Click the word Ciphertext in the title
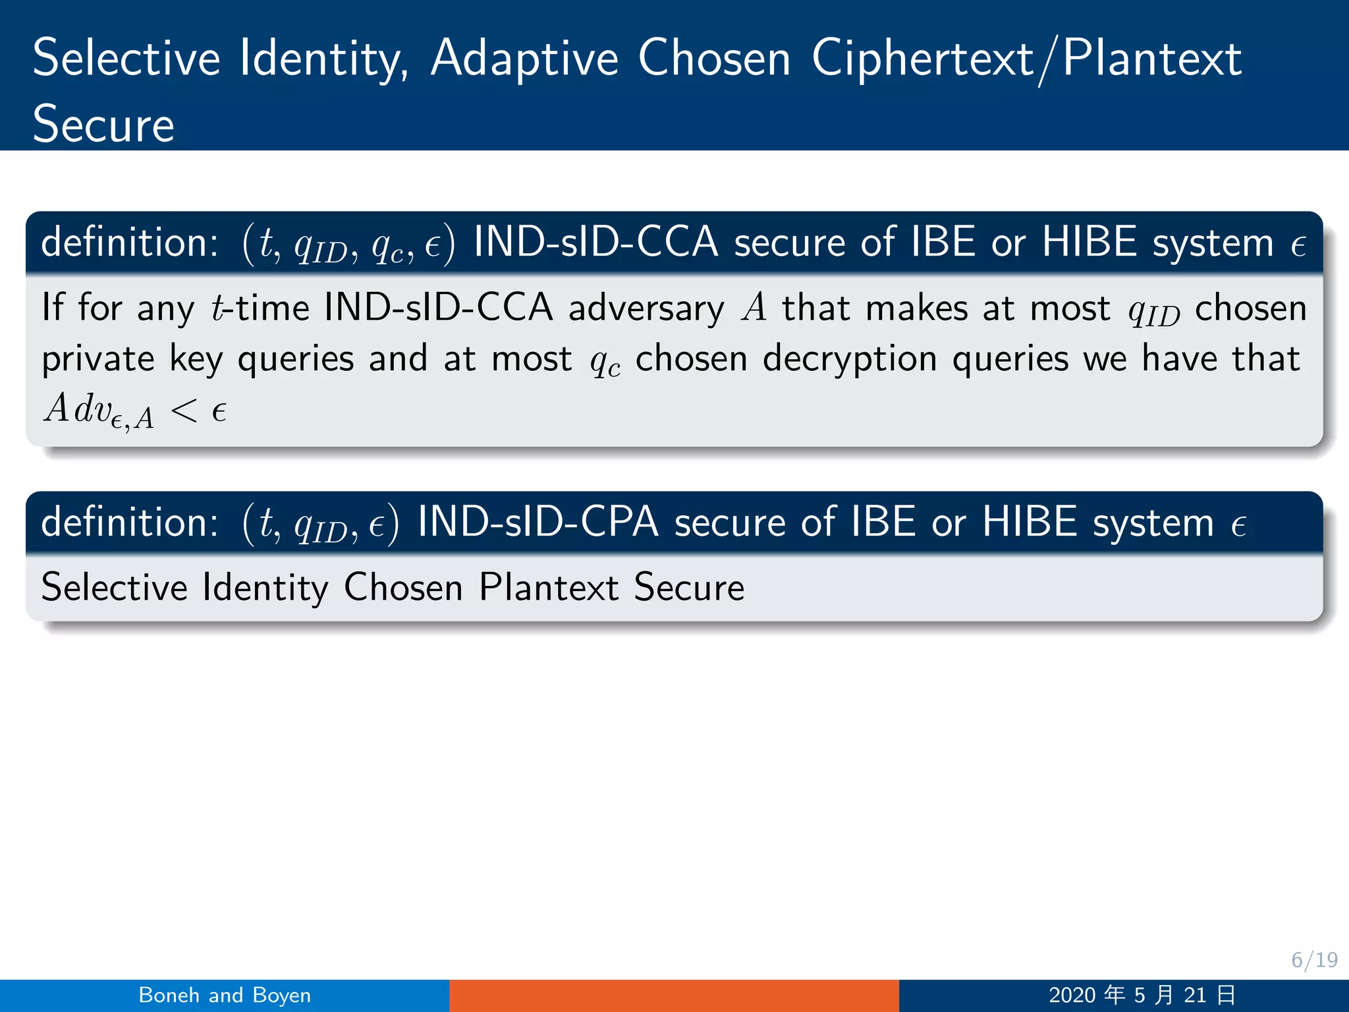tap(922, 59)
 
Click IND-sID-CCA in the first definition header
tap(595, 242)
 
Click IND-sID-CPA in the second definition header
tap(538, 522)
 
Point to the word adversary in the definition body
tap(646, 309)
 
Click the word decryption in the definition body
tap(850, 360)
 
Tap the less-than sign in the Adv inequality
tap(184, 412)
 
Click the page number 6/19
tap(1314, 960)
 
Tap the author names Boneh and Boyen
tap(225, 995)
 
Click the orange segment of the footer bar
tap(674, 996)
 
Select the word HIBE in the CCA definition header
tap(1089, 242)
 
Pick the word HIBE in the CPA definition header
tap(1030, 522)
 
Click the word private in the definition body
tap(98, 360)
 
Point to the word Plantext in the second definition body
tap(549, 587)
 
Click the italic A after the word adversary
tap(754, 308)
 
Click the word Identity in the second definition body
tap(265, 588)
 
